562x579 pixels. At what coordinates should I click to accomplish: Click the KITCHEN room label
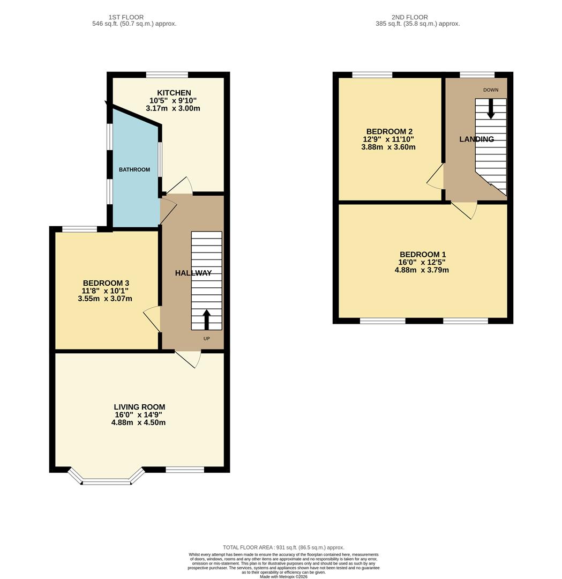pyautogui.click(x=174, y=93)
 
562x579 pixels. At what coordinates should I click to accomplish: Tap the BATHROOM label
pyautogui.click(x=134, y=169)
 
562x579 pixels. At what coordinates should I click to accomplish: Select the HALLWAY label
pyautogui.click(x=193, y=273)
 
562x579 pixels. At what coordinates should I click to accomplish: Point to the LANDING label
pyautogui.click(x=476, y=139)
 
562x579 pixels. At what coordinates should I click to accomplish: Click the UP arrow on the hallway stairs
pyautogui.click(x=206, y=320)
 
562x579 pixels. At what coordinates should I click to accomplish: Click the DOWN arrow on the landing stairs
pyautogui.click(x=490, y=109)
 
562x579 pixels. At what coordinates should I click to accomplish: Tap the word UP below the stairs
pyautogui.click(x=207, y=339)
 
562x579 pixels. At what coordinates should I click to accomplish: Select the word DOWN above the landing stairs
pyautogui.click(x=491, y=90)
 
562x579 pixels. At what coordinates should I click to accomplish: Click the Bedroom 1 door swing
pyautogui.click(x=464, y=210)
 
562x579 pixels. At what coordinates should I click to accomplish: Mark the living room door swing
pyautogui.click(x=188, y=359)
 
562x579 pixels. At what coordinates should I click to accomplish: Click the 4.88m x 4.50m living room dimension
pyautogui.click(x=138, y=422)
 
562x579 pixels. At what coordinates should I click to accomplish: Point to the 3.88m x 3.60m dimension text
pyautogui.click(x=388, y=147)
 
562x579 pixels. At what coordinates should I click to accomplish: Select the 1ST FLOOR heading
pyautogui.click(x=126, y=17)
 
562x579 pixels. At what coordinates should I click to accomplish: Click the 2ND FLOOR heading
pyautogui.click(x=410, y=17)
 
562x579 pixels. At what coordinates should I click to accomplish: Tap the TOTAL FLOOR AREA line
pyautogui.click(x=283, y=547)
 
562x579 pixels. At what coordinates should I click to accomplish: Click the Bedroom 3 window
pyautogui.click(x=80, y=229)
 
